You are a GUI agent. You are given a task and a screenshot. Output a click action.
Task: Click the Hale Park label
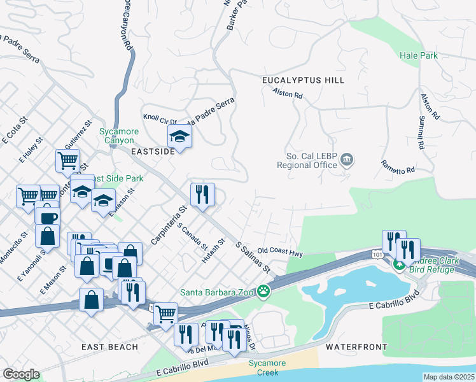tap(419, 56)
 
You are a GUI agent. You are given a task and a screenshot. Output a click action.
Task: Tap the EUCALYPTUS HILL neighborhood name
tap(303, 80)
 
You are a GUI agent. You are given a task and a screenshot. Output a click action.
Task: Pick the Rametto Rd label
tap(398, 166)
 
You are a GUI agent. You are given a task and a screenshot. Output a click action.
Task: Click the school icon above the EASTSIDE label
tap(180, 136)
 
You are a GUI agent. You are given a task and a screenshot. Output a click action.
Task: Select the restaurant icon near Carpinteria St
tap(202, 194)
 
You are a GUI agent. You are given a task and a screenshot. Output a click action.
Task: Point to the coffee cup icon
tap(47, 217)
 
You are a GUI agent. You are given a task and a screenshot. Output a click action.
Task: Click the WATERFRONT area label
tap(356, 347)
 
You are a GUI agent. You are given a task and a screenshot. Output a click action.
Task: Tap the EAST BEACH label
tap(109, 346)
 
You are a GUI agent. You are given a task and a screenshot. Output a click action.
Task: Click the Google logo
tap(21, 374)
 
